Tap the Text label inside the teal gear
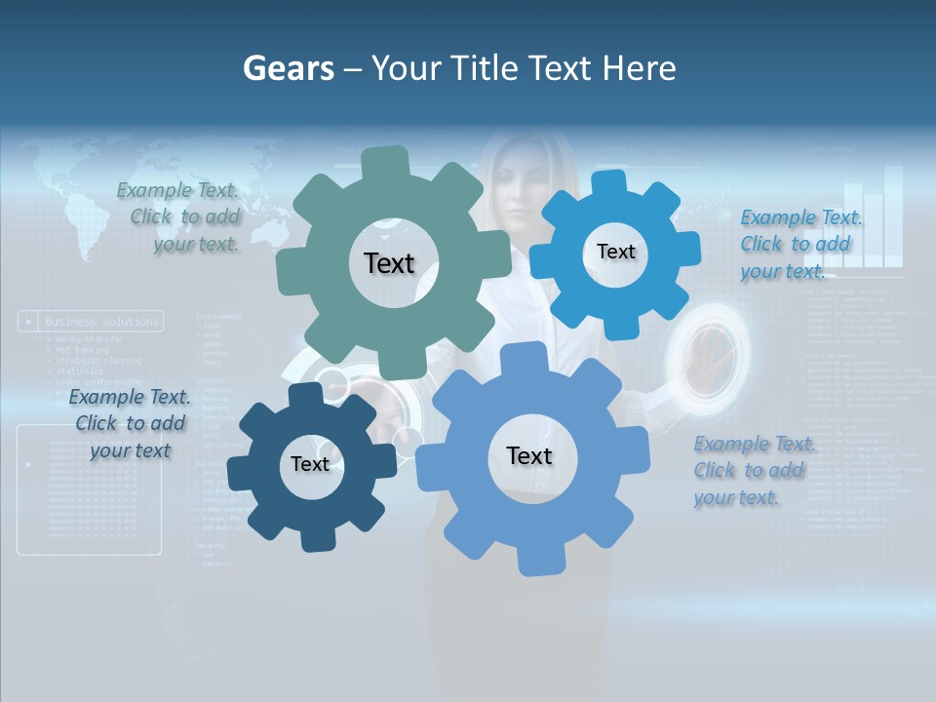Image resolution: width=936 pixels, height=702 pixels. (x=389, y=263)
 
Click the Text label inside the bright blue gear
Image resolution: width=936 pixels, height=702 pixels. (x=615, y=252)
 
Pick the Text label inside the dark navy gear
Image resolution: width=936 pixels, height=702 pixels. (x=310, y=464)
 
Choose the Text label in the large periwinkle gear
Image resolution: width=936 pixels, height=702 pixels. (x=529, y=455)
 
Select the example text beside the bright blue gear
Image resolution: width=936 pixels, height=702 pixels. (x=799, y=244)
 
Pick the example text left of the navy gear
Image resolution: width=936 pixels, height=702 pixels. (x=130, y=423)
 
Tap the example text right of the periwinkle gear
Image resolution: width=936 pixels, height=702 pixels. (x=753, y=470)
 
